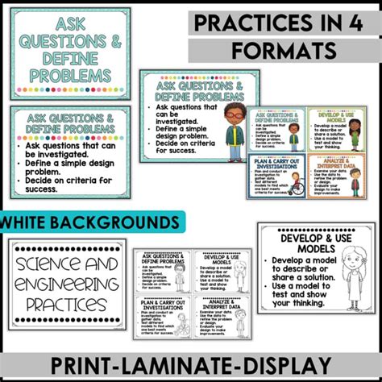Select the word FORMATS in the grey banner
click(x=284, y=51)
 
